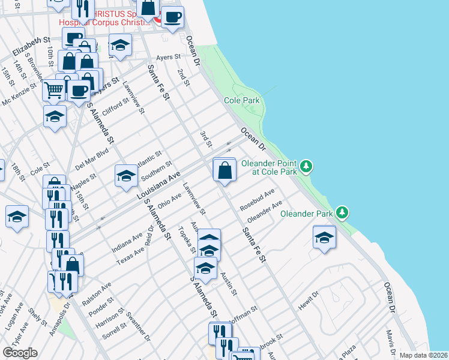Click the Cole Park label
(242, 101)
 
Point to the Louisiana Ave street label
(158, 185)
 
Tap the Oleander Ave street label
(265, 212)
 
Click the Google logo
(20, 353)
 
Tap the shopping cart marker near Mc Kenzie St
(54, 91)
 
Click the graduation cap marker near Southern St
(126, 176)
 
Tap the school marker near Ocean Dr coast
(324, 237)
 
